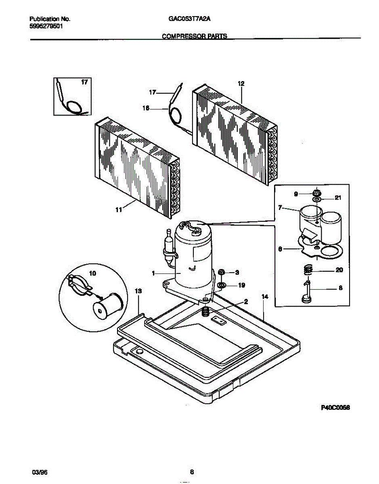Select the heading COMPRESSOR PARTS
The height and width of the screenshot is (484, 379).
pos(195,36)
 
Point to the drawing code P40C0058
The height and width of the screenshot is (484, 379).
pos(335,408)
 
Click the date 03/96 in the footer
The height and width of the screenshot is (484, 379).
pos(38,472)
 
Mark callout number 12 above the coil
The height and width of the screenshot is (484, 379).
pos(241,84)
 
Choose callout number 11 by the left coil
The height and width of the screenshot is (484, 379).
pos(119,210)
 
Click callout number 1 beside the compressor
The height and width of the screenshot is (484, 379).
pos(154,273)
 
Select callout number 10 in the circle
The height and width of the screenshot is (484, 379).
pos(92,273)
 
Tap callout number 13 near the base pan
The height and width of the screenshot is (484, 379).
pos(138,291)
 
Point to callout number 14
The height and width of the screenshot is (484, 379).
pos(265,297)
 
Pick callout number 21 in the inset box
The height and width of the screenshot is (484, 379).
pos(338,198)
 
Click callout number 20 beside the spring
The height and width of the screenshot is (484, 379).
pos(339,270)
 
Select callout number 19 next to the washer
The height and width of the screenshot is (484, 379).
pos(241,285)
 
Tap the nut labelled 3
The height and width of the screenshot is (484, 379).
pos(222,273)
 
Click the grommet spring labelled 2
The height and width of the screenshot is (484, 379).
pos(205,311)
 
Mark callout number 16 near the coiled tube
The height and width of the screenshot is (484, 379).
pos(146,108)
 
